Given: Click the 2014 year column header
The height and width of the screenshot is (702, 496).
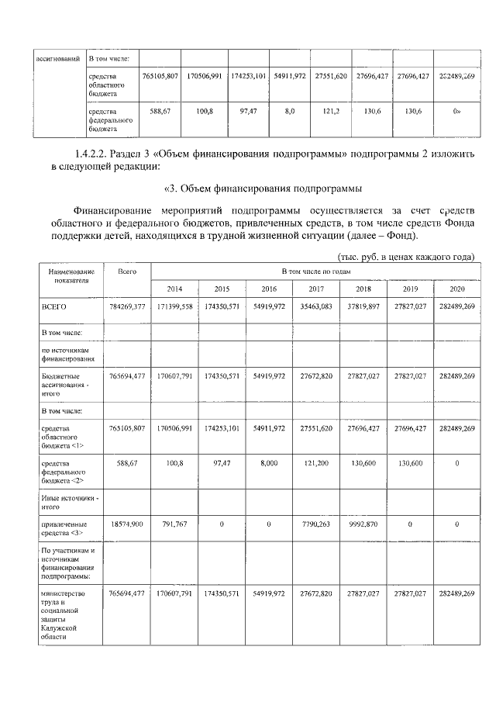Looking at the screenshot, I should [x=175, y=289].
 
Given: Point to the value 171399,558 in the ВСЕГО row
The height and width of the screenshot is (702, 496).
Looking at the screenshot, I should [x=175, y=307].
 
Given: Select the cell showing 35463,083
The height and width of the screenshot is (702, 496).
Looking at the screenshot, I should [x=315, y=307].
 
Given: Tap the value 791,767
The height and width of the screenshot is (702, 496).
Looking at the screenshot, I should [x=175, y=525].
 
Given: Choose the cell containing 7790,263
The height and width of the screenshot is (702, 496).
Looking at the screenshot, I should [x=315, y=525].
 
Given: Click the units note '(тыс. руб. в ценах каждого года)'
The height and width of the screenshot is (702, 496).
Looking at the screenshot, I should [x=405, y=257].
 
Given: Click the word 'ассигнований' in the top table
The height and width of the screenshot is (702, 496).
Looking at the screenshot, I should [x=57, y=58].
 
